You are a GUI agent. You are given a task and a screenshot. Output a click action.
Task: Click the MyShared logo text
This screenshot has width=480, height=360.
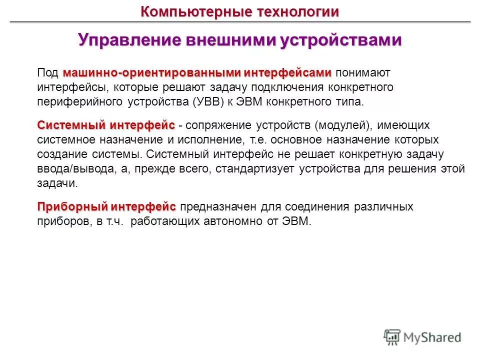coord(432,337)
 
